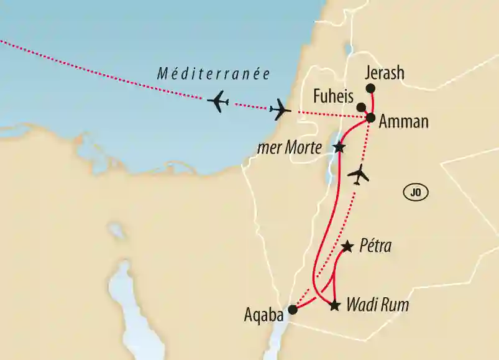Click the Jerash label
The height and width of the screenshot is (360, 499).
[x=385, y=73]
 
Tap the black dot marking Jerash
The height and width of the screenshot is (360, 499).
[x=371, y=88]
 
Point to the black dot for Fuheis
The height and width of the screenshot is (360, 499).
[x=362, y=107]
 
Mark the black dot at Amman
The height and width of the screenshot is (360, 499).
[x=371, y=118]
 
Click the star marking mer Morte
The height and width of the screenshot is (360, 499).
[x=339, y=147]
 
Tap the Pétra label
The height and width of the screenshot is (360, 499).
[x=375, y=247]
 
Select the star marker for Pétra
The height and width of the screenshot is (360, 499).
[x=348, y=247]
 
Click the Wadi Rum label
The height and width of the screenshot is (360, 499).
[x=377, y=305]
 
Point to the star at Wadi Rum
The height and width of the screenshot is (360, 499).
[x=335, y=305]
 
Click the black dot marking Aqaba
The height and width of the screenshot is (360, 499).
[x=293, y=309]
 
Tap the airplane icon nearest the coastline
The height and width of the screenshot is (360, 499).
[x=280, y=110]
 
